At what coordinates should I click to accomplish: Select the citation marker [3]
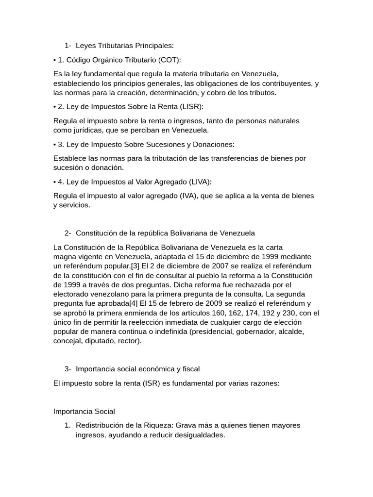click(135, 265)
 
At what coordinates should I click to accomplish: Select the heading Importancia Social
click(84, 412)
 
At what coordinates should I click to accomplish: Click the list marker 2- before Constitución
click(68, 233)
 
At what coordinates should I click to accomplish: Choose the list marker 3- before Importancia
click(68, 369)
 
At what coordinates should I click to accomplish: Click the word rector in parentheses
click(129, 341)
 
